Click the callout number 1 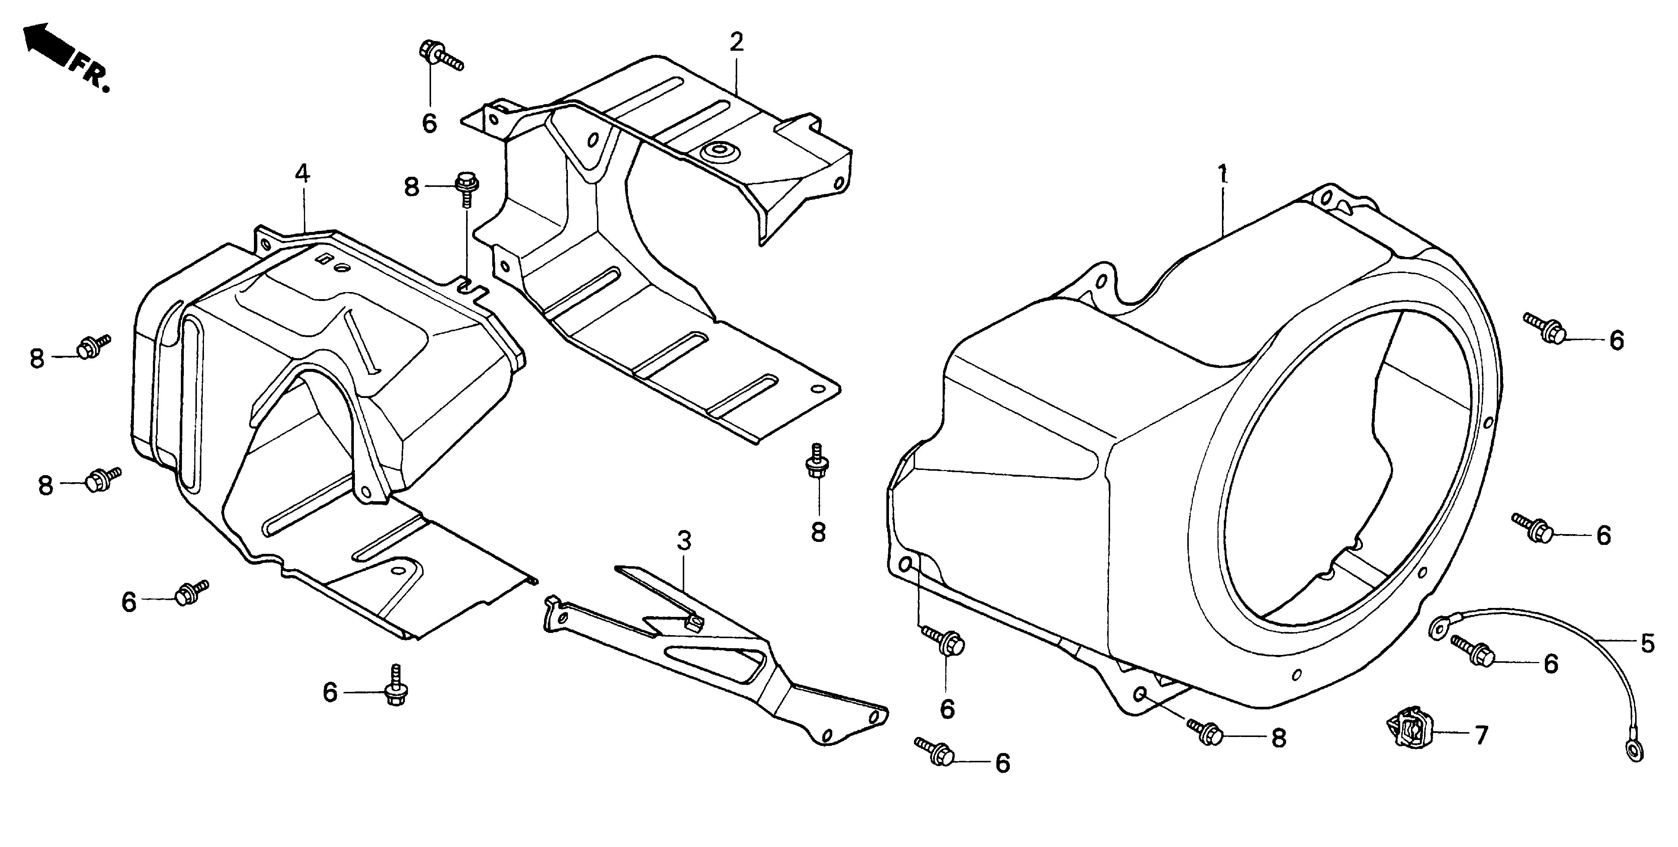(x=1223, y=175)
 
